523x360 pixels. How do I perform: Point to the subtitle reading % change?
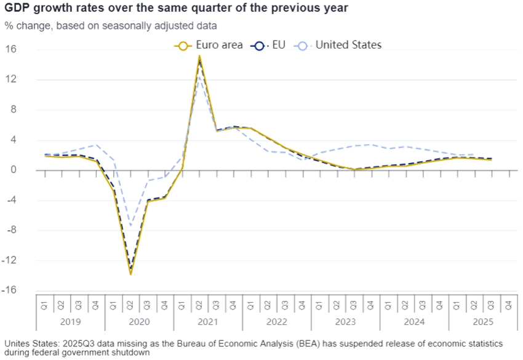(x=110, y=25)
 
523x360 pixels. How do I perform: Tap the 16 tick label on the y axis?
(x=13, y=50)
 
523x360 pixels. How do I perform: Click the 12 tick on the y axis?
(x=13, y=80)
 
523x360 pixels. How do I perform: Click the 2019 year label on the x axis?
(x=70, y=321)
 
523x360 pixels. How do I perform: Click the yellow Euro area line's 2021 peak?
(x=199, y=56)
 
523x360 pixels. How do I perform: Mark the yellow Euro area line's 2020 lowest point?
(x=130, y=274)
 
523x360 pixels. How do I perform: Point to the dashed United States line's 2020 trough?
(x=130, y=226)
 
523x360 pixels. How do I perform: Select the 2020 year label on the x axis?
(x=139, y=321)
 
